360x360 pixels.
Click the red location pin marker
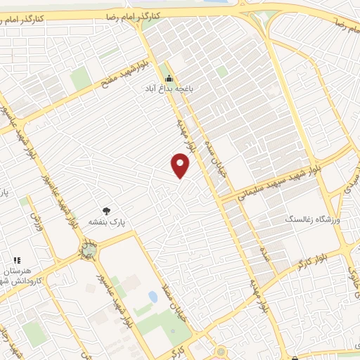[181, 166]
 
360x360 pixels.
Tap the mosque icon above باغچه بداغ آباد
[169, 78]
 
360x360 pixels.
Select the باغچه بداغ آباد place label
[169, 89]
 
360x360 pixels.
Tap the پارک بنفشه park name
[106, 221]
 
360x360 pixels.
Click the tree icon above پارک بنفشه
[106, 210]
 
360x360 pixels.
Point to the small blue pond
[153, 297]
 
